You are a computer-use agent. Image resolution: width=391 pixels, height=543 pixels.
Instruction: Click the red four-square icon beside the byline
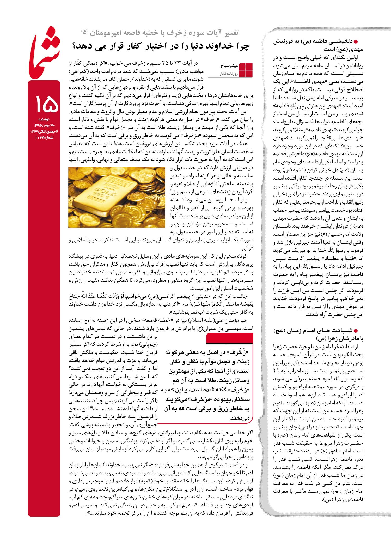(x=246, y=70)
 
